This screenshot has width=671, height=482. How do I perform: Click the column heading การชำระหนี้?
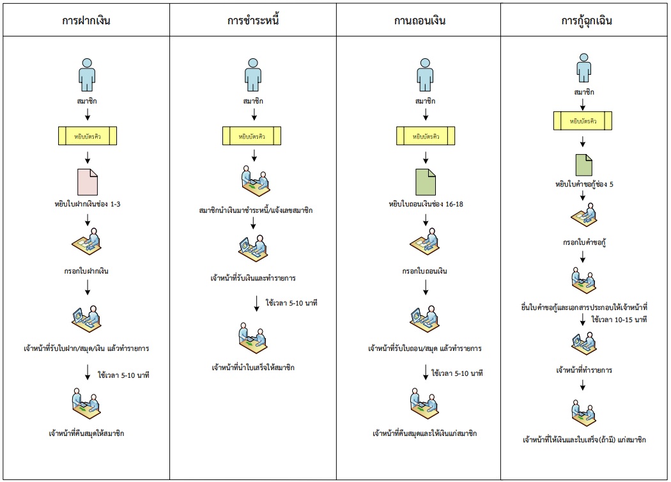point(254,20)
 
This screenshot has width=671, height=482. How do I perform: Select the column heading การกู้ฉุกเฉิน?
point(584,20)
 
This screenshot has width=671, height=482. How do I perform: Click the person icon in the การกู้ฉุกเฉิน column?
point(583,68)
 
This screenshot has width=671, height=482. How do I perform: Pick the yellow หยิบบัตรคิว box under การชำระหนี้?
point(254,136)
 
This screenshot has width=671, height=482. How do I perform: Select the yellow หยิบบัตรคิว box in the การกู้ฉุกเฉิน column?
point(583,120)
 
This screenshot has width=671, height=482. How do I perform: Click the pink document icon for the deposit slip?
point(88,182)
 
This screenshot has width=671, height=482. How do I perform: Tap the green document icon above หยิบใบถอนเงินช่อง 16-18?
point(424,182)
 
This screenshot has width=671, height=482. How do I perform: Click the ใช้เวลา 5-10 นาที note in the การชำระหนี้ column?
point(291,302)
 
